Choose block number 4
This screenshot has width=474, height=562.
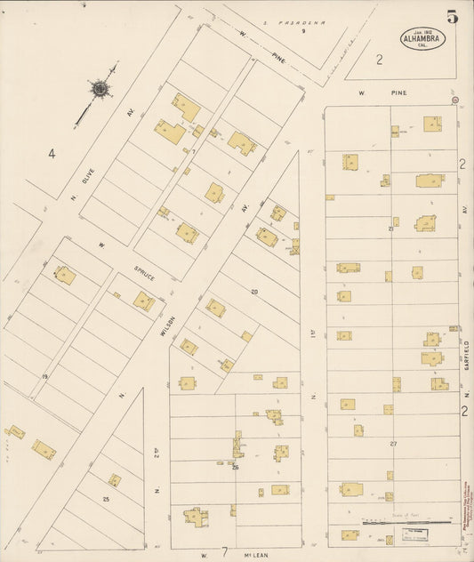(52, 154)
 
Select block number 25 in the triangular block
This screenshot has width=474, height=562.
(106, 499)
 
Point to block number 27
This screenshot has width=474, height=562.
(392, 442)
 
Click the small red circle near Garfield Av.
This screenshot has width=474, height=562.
(455, 100)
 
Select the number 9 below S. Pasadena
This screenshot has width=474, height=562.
(302, 31)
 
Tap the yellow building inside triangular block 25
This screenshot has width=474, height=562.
(115, 480)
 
